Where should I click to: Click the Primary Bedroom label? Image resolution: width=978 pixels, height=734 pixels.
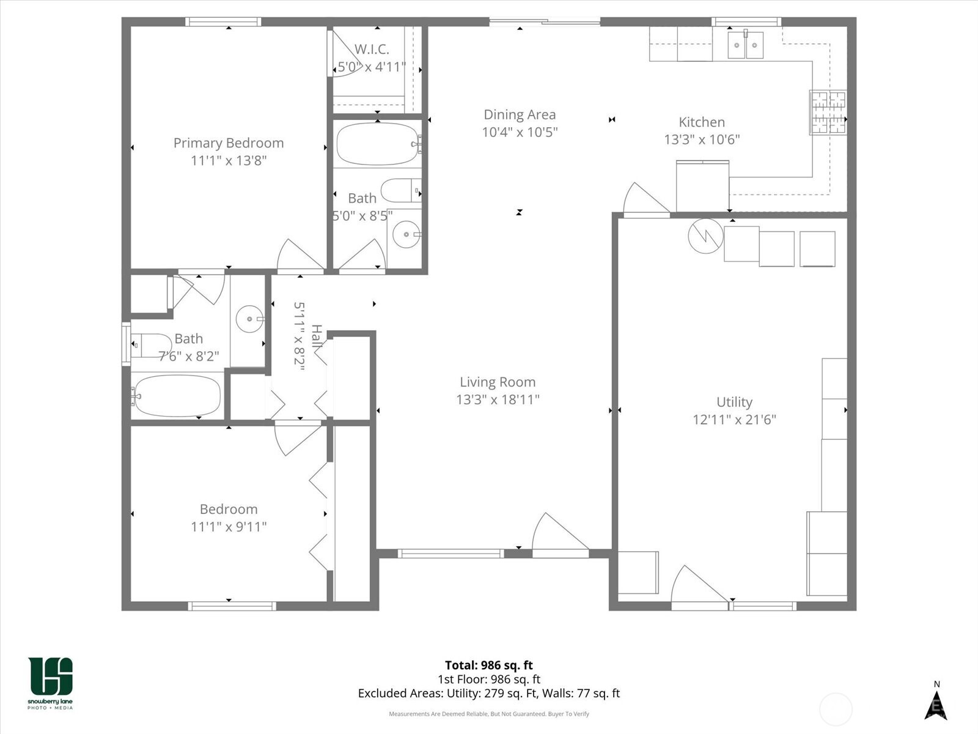click(229, 143)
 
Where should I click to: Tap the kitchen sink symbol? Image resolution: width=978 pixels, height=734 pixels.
click(745, 45)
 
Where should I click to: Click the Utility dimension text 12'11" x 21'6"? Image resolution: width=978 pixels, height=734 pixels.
click(734, 420)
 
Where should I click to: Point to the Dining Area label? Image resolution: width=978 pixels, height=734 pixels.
click(520, 115)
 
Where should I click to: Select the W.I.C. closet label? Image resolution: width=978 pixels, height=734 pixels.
click(372, 50)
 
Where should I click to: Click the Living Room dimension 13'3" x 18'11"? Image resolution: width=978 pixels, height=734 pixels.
click(498, 399)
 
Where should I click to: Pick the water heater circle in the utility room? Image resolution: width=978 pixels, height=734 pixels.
click(705, 236)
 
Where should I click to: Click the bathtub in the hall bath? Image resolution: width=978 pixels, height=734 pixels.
click(177, 395)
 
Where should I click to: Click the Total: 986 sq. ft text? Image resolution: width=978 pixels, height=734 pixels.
click(488, 665)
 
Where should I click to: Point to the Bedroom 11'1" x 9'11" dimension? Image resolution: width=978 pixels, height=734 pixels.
click(229, 527)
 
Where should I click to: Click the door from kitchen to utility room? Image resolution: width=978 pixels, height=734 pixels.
click(645, 201)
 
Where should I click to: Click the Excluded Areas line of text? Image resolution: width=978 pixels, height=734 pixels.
click(488, 693)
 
